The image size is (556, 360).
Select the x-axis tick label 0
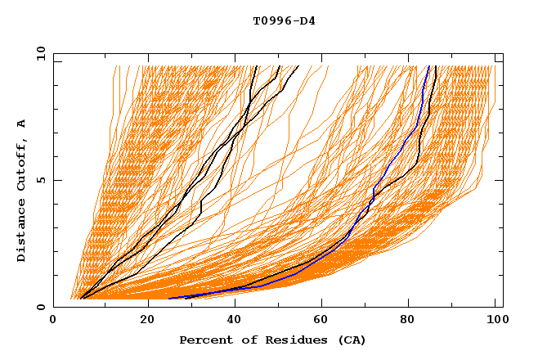[x=53, y=321]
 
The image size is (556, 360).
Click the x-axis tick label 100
[x=495, y=321]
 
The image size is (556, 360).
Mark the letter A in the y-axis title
[x=22, y=123]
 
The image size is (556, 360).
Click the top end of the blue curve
[x=429, y=66]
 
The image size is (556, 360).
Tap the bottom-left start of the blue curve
[x=168, y=299]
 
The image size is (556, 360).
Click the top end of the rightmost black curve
[x=436, y=66]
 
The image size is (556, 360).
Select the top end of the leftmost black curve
[x=257, y=66]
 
